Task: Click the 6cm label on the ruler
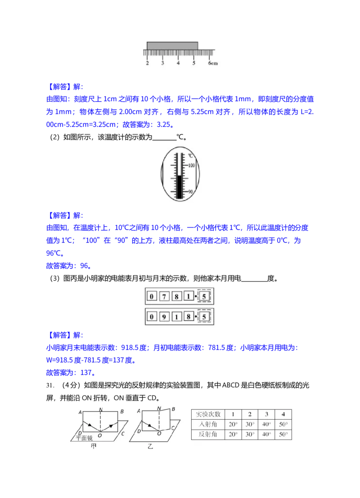click(213, 63)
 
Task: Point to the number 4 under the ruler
click(178, 63)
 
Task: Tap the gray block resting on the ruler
click(172, 46)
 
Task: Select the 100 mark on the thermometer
click(191, 166)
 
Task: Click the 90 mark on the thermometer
click(190, 192)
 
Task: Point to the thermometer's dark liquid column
click(180, 187)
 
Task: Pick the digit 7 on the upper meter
click(164, 296)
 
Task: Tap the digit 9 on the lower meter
click(164, 317)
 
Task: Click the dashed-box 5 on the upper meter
click(204, 296)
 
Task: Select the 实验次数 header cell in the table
click(208, 414)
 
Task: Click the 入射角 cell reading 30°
click(250, 424)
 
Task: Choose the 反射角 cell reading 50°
click(283, 435)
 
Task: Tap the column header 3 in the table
click(266, 414)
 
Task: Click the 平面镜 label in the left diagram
click(84, 438)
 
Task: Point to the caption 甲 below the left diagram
click(94, 446)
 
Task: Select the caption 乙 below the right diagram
click(150, 446)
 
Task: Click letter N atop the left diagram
click(101, 410)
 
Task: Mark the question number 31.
click(50, 385)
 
